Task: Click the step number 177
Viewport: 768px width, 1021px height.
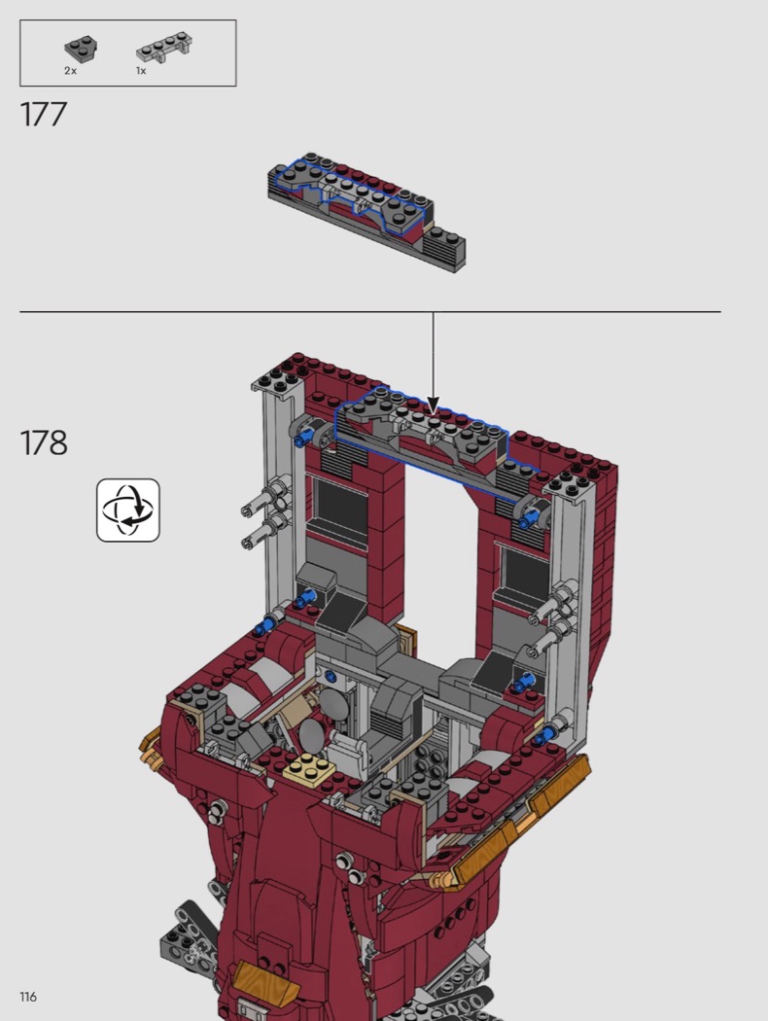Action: point(44,114)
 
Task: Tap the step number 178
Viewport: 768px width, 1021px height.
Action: point(44,442)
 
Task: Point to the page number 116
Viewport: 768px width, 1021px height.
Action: point(28,997)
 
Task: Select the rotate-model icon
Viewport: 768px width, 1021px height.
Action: point(128,510)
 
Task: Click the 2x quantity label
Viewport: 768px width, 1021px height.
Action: point(70,71)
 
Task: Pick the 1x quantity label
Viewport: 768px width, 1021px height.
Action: point(141,71)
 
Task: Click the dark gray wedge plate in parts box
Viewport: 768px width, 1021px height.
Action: point(81,50)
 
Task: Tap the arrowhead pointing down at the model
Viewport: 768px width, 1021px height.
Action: point(433,405)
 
